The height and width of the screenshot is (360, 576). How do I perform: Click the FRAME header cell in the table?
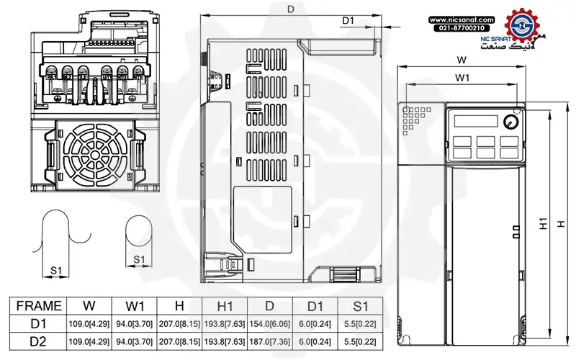click(x=38, y=305)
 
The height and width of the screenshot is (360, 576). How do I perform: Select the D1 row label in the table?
click(x=38, y=323)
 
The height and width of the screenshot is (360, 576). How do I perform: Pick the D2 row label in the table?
click(x=38, y=341)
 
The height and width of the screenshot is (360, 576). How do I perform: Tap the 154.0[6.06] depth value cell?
click(x=270, y=323)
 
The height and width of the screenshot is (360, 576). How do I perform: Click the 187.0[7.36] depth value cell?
click(x=270, y=341)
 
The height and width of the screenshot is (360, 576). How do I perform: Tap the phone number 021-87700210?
click(x=462, y=27)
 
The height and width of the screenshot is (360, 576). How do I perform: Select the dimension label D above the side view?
click(x=290, y=9)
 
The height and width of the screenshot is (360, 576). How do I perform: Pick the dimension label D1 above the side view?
click(x=348, y=21)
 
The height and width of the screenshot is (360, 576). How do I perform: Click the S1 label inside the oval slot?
click(x=140, y=258)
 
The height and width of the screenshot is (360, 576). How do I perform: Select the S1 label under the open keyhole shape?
click(x=55, y=270)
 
